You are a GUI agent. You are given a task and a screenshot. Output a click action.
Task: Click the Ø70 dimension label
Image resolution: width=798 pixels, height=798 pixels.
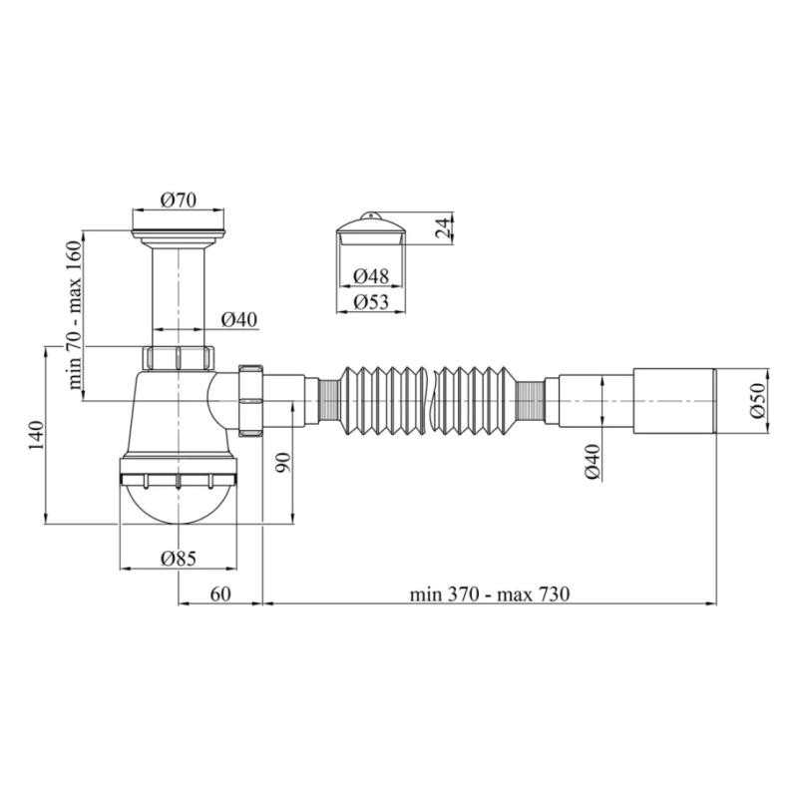pyautogui.click(x=179, y=200)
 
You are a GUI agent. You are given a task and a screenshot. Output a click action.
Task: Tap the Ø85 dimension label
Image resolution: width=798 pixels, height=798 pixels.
pyautogui.click(x=179, y=559)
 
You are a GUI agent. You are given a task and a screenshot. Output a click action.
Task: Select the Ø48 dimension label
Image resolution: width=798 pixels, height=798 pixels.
pyautogui.click(x=371, y=276)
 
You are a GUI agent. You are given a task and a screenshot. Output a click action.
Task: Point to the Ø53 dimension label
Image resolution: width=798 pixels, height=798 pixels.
pyautogui.click(x=371, y=302)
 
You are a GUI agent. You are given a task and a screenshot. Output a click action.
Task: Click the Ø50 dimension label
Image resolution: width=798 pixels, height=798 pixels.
pyautogui.click(x=758, y=401)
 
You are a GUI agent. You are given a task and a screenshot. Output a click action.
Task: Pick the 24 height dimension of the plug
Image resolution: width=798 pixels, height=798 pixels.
pyautogui.click(x=444, y=227)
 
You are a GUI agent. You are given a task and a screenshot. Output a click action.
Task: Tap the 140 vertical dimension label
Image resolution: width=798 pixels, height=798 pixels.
pyautogui.click(x=36, y=435)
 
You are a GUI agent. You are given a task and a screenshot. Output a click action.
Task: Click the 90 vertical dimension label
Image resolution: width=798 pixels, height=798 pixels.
pyautogui.click(x=284, y=462)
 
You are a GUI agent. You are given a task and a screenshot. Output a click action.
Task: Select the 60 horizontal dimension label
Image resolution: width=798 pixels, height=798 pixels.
pyautogui.click(x=220, y=594)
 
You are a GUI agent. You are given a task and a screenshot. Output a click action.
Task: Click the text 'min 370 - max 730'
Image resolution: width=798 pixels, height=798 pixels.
pyautogui.click(x=490, y=594)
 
